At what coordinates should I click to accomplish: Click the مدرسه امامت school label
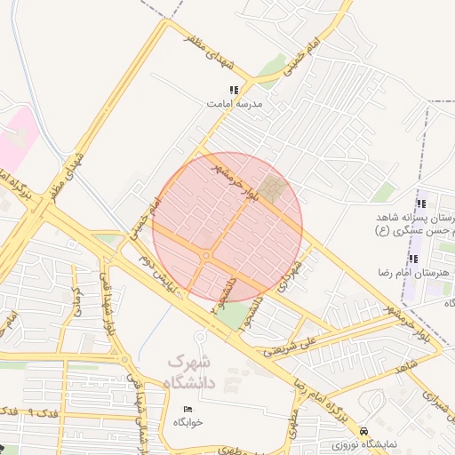coord(226,103)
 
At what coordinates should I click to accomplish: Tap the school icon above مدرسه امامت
coord(234,90)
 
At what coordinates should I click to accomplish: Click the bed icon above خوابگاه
coord(187,408)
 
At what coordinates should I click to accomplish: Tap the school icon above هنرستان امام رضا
coord(412,259)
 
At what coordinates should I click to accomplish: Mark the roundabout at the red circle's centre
coord(206,256)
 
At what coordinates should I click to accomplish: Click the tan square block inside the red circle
coord(274,188)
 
